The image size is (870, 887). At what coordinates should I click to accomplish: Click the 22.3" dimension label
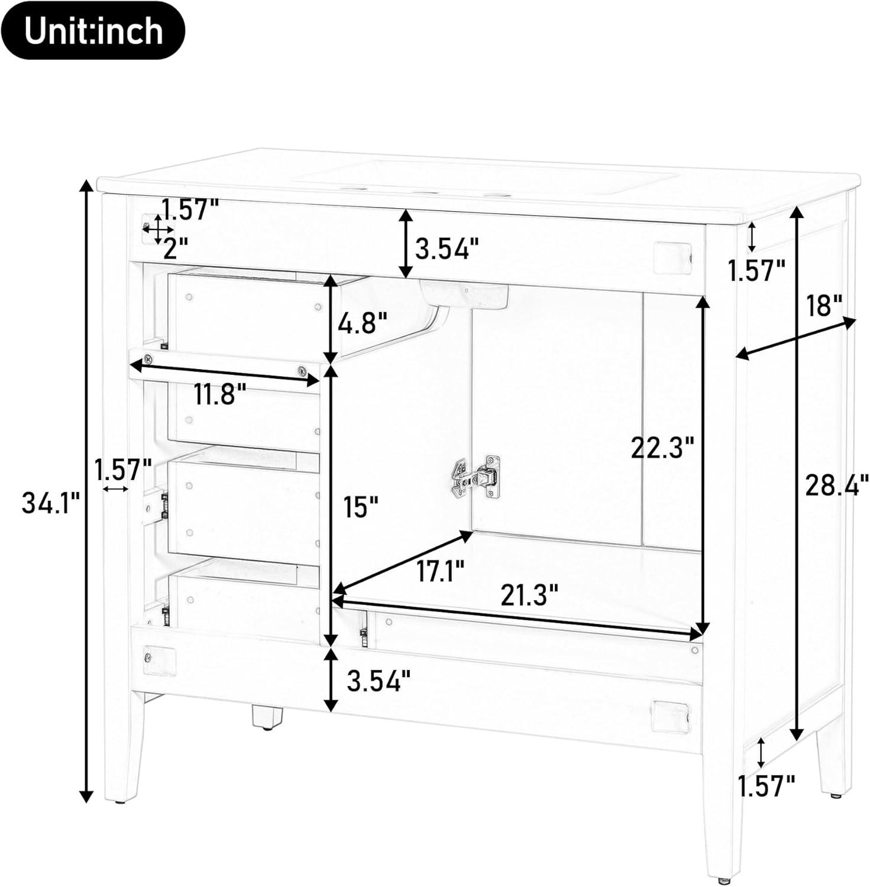click(661, 448)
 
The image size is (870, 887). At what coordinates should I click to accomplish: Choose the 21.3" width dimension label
click(529, 595)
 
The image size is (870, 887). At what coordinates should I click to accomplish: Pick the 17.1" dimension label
click(439, 571)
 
